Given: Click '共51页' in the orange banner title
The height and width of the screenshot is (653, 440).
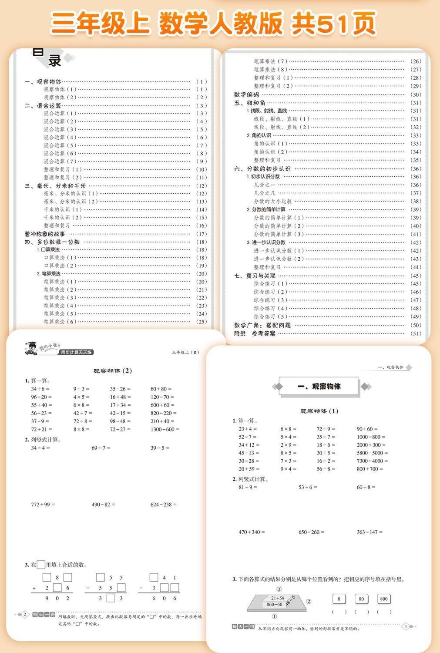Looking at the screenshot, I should pos(333,24).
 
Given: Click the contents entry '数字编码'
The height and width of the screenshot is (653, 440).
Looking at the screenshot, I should pos(246,94).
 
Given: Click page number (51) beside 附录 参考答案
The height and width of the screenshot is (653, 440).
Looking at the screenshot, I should pos(416,333).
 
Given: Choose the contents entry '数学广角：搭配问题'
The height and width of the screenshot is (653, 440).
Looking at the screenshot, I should pos(262,325).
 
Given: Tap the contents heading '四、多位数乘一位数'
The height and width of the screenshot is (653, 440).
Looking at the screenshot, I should pos(52,242).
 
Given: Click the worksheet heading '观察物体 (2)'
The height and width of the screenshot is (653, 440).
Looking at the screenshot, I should pos(113,371).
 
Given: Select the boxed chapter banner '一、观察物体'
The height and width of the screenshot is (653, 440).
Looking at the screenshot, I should pos(319,386).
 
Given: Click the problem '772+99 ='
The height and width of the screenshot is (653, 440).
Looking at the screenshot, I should pos(43,505).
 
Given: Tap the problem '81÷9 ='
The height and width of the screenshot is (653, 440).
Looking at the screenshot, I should pos(248,487).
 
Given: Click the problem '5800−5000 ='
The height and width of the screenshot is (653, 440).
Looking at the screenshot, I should pos(372,453).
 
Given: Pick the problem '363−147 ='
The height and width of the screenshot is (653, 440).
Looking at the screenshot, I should pos(369,532).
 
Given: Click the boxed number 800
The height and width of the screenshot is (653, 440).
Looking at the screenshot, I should pos(383,599).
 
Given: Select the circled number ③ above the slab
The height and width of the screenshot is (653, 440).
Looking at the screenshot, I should pos(279,589).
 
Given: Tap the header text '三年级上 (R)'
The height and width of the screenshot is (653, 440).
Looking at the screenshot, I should pos(185,352).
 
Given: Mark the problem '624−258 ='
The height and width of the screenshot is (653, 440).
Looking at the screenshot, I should pos(164,505).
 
